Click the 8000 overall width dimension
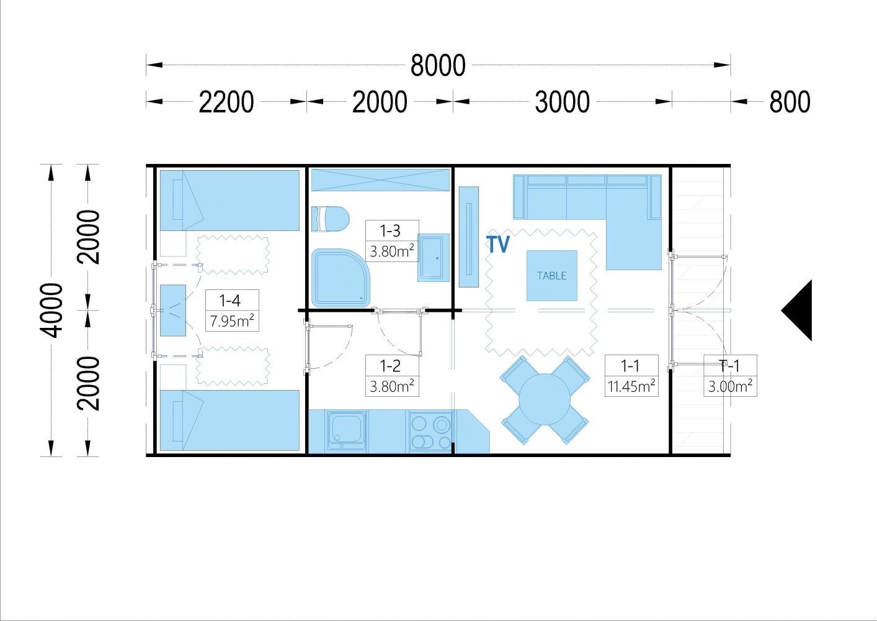[x=438, y=65]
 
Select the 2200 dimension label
[x=226, y=102]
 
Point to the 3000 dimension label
[x=562, y=102]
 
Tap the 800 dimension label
[x=790, y=102]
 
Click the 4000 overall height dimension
[x=51, y=310]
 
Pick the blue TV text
[x=498, y=244]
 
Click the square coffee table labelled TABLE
[x=551, y=276]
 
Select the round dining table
[x=545, y=400]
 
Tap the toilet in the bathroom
[x=330, y=219]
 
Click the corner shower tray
[x=341, y=278]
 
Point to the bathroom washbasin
[x=434, y=258]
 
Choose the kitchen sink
[x=347, y=431]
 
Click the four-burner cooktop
[x=431, y=431]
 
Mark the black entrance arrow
[x=796, y=310]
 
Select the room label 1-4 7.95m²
[x=232, y=310]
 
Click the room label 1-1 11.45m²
[x=631, y=376]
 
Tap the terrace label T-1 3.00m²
[x=730, y=376]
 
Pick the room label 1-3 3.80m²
[x=393, y=241]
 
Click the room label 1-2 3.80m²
[x=393, y=376]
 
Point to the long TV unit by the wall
[x=469, y=237]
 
